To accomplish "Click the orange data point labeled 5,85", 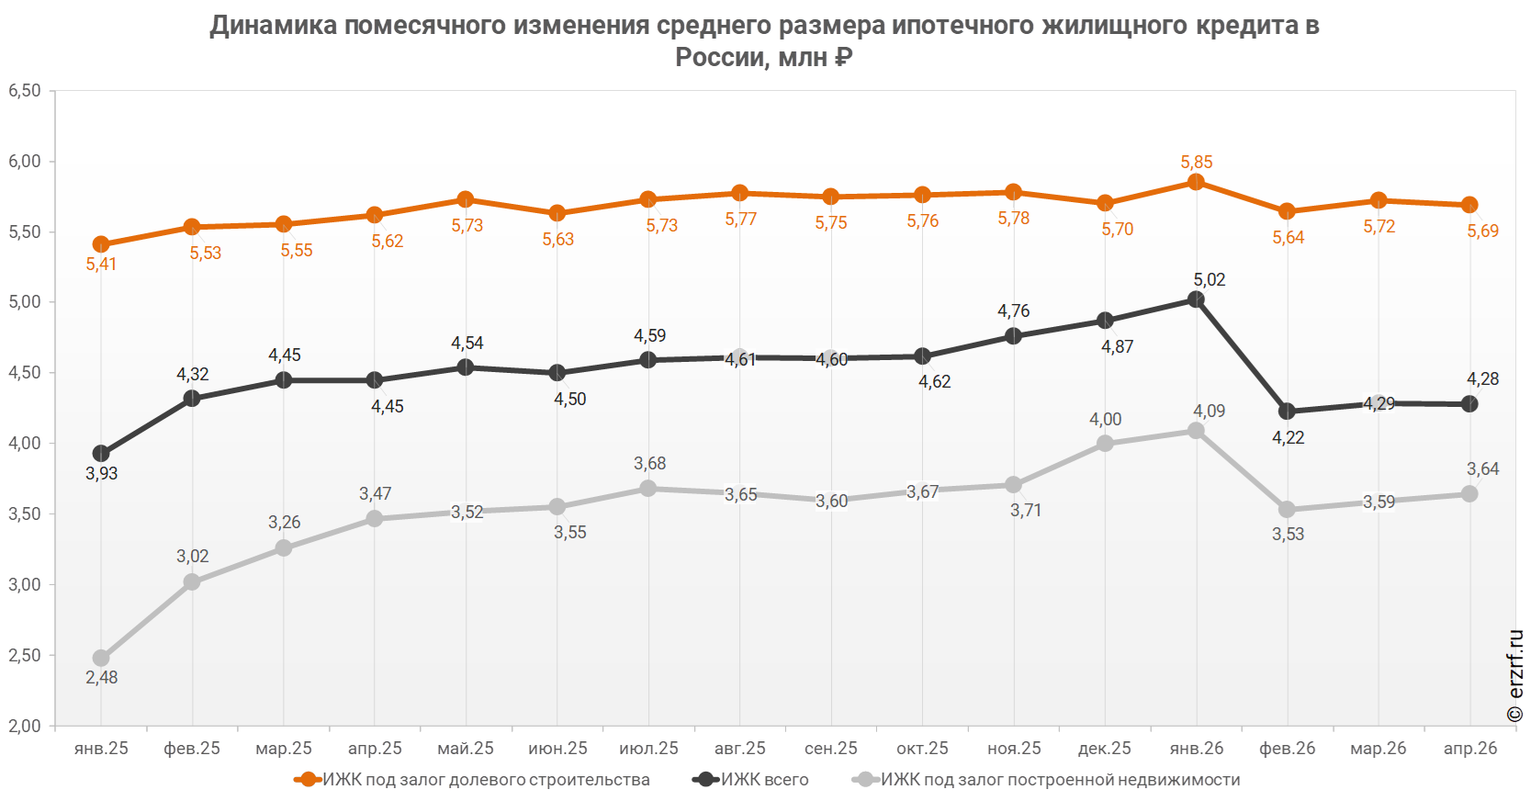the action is click(x=1196, y=182).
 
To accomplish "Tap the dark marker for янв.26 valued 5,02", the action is click(x=1196, y=299).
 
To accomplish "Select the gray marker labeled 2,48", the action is click(x=100, y=658).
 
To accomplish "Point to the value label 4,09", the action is click(x=1209, y=411).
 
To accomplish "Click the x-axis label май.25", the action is click(x=465, y=749).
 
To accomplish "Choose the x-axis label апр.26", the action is click(x=1470, y=749).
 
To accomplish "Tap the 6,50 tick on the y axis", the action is click(x=25, y=90).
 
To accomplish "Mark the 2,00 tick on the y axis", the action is click(x=25, y=726).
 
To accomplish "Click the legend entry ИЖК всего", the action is click(x=750, y=780).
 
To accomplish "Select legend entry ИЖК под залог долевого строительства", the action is click(x=472, y=780).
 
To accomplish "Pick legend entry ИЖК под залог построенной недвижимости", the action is click(x=1046, y=780).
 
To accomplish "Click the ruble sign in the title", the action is click(x=842, y=57).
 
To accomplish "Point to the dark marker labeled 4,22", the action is click(x=1287, y=412).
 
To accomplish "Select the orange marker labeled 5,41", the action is click(x=100, y=244).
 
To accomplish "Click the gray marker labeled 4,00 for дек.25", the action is click(x=1105, y=444).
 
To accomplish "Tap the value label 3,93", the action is click(x=101, y=473).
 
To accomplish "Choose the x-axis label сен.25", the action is click(x=830, y=749).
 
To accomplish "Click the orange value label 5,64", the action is click(x=1288, y=237).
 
